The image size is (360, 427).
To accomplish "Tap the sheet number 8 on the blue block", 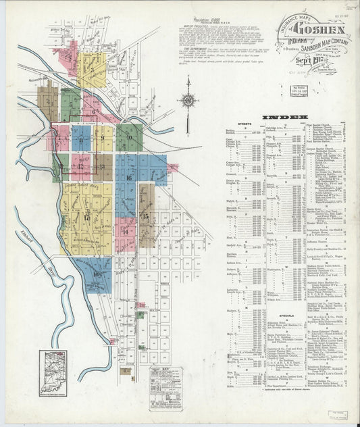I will (x=81, y=140).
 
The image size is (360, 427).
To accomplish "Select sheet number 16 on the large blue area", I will (x=128, y=176).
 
